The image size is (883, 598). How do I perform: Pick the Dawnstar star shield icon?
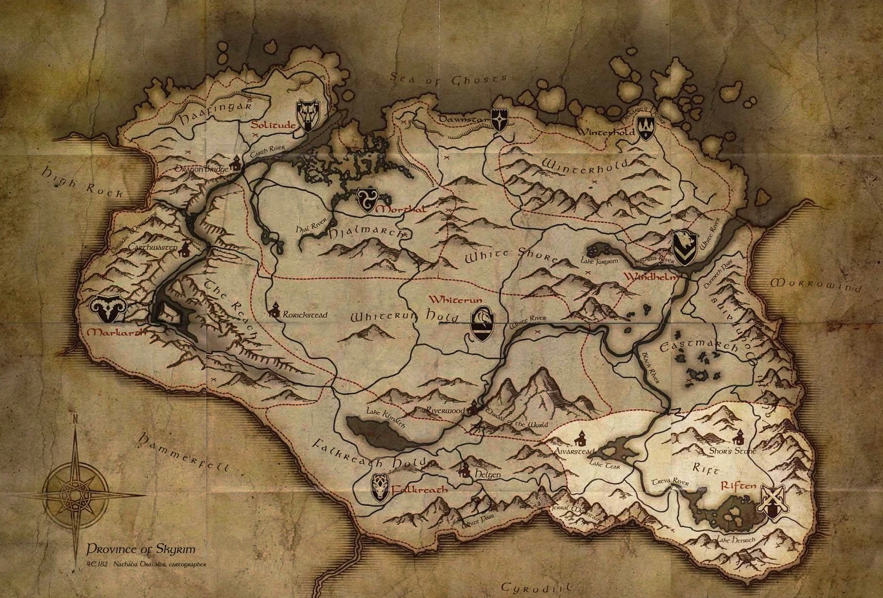501,119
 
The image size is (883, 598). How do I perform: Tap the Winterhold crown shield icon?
646,127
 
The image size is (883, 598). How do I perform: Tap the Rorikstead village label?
305,315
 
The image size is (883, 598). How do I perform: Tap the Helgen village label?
488,474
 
